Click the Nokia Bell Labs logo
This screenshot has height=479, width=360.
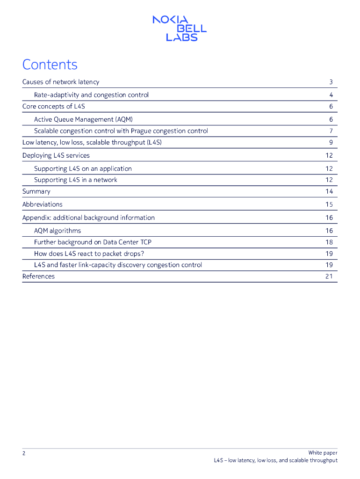click(x=180, y=28)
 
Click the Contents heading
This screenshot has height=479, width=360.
click(x=50, y=65)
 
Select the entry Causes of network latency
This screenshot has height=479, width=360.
click(x=61, y=82)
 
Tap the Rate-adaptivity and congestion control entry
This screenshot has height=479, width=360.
click(x=91, y=95)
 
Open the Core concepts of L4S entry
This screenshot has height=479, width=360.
click(x=54, y=106)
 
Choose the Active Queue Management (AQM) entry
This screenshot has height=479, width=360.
click(x=86, y=119)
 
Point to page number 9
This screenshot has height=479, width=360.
click(x=331, y=142)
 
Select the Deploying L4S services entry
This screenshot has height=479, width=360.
click(x=56, y=155)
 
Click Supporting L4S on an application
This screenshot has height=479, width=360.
click(x=83, y=168)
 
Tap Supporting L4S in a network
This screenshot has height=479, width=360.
click(x=76, y=180)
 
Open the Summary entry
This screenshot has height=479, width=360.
click(x=36, y=191)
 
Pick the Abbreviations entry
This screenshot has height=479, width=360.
click(x=43, y=204)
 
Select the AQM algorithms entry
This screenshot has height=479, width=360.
click(x=58, y=231)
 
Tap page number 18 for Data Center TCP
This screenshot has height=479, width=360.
click(x=329, y=242)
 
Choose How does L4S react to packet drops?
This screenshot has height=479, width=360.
click(x=89, y=254)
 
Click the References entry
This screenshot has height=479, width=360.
click(x=38, y=276)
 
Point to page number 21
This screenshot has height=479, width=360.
click(x=329, y=276)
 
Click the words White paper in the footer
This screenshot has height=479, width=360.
click(x=323, y=452)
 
